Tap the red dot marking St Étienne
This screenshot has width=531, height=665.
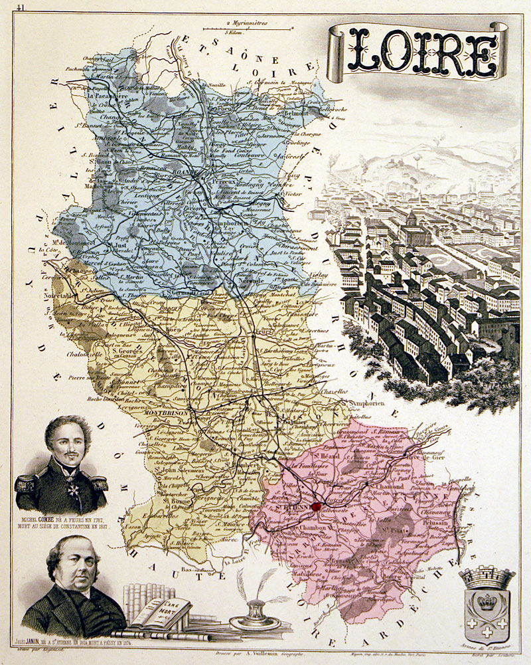[x=316, y=507]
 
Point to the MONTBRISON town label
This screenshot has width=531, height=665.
[x=167, y=413]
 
